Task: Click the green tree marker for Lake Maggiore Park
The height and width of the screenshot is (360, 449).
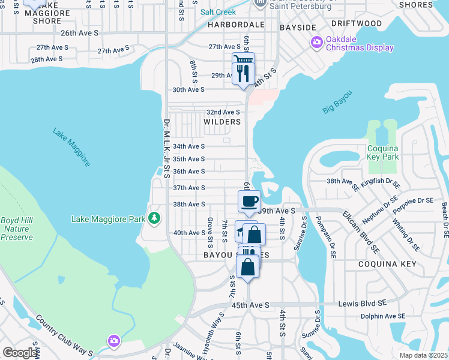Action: click(155, 217)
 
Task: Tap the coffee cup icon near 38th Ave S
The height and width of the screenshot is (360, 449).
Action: click(249, 202)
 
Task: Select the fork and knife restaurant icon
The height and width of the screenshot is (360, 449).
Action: click(243, 74)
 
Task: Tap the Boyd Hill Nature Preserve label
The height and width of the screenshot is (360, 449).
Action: click(16, 229)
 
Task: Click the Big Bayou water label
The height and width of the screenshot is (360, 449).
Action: click(337, 101)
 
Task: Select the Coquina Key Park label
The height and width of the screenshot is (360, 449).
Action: click(383, 152)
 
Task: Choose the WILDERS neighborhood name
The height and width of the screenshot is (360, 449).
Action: click(222, 122)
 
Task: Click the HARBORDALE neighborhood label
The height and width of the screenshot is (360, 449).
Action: click(236, 26)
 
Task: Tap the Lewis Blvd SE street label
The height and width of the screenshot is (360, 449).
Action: click(364, 304)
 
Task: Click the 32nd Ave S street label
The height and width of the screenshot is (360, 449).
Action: click(223, 112)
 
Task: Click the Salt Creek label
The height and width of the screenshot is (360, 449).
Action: click(218, 12)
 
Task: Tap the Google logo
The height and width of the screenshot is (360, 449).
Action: click(20, 353)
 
